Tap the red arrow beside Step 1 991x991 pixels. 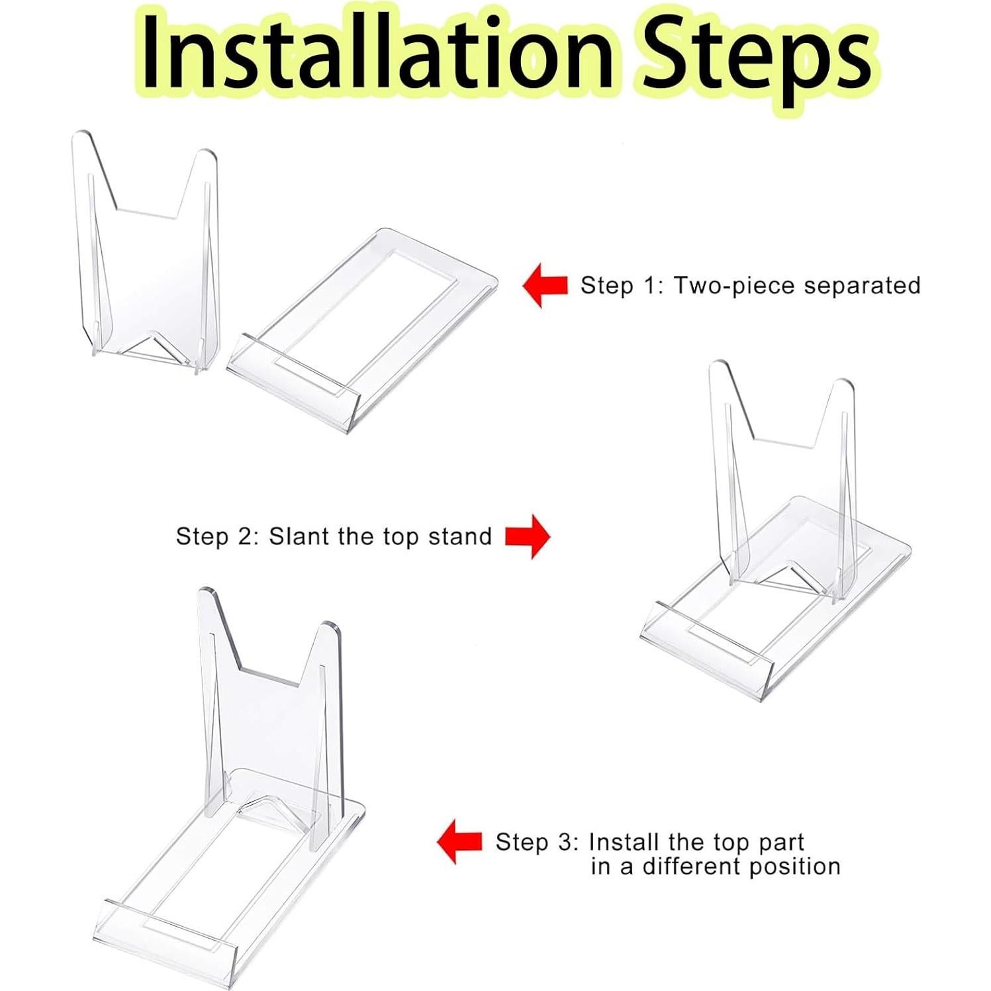click(x=545, y=285)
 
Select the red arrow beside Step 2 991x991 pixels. click(x=528, y=536)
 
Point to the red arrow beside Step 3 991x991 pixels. click(x=459, y=841)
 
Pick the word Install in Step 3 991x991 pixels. click(x=624, y=842)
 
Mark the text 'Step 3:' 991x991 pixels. click(x=537, y=843)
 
